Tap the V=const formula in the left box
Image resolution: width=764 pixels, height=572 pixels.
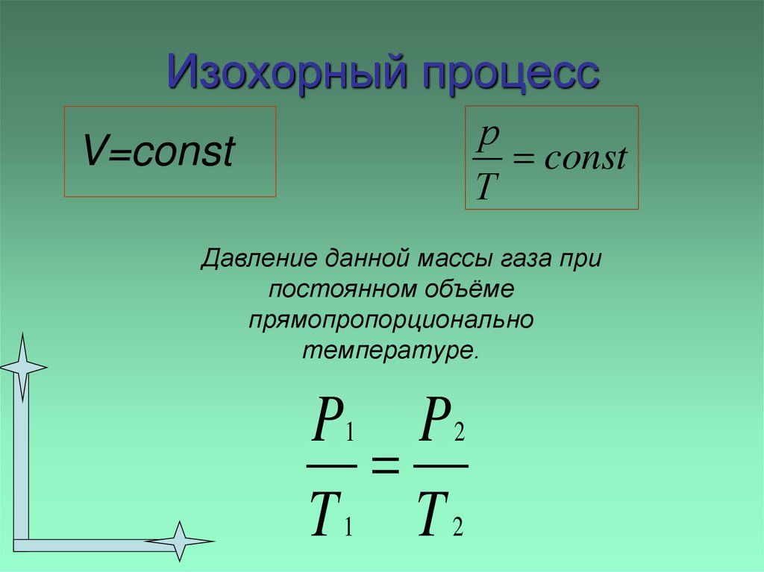(159, 152)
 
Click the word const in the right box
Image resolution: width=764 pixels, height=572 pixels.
(585, 158)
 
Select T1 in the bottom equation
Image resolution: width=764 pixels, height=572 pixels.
(331, 515)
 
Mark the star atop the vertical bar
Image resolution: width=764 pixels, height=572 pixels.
(22, 365)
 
